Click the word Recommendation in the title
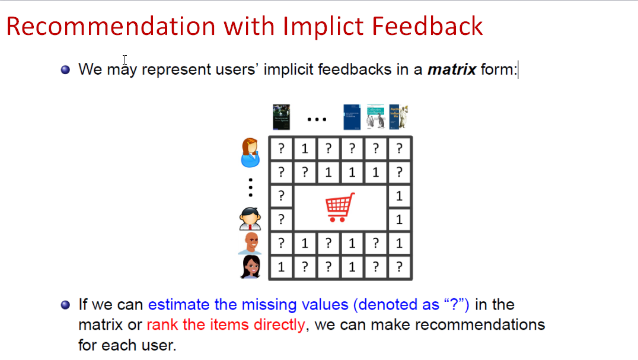pyautogui.click(x=111, y=27)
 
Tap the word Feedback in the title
pyautogui.click(x=428, y=27)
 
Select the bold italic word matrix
pyautogui.click(x=452, y=69)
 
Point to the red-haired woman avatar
pyautogui.click(x=250, y=152)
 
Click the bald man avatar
pyautogui.click(x=250, y=243)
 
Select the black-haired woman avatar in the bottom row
pyautogui.click(x=250, y=267)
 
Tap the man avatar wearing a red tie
pyautogui.click(x=250, y=219)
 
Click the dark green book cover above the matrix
pyautogui.click(x=281, y=117)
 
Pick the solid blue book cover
pyautogui.click(x=352, y=117)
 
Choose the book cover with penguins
pyautogui.click(x=375, y=117)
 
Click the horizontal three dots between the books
pyautogui.click(x=317, y=120)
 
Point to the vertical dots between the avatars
pyautogui.click(x=251, y=187)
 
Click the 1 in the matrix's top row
pyautogui.click(x=305, y=149)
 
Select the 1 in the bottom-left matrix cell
pyautogui.click(x=281, y=267)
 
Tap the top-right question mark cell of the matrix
pyautogui.click(x=399, y=149)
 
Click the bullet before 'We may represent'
pyautogui.click(x=65, y=69)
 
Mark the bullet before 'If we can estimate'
pyautogui.click(x=65, y=305)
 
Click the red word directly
pyautogui.click(x=279, y=324)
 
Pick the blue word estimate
pyautogui.click(x=178, y=304)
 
